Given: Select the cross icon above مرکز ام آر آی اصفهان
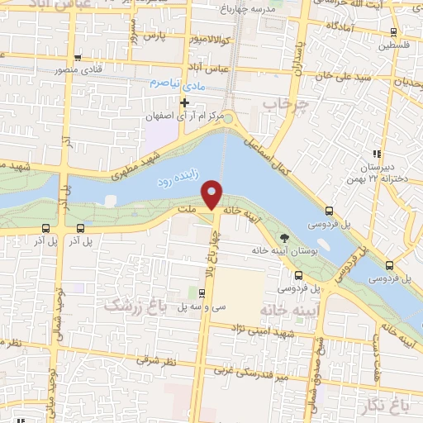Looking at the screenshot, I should [x=185, y=102].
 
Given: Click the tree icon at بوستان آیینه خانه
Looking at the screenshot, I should [x=286, y=238].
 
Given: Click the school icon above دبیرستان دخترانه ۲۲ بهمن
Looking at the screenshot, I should [x=376, y=154].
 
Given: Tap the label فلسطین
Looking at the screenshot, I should [x=394, y=45].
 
